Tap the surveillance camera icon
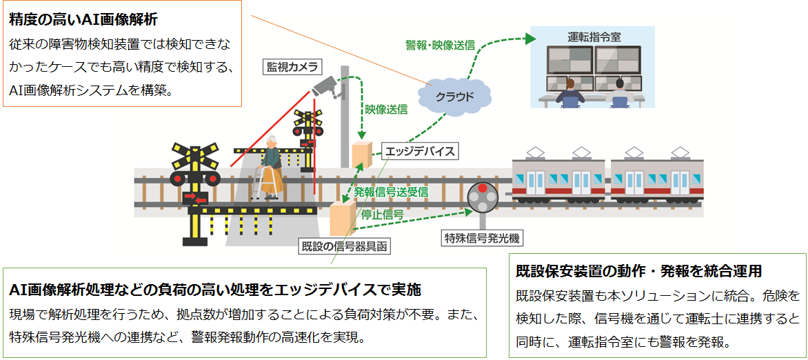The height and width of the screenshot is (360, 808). point(327,87)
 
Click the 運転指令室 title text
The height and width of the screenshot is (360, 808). point(593,37)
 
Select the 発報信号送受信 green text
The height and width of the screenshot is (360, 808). point(391,192)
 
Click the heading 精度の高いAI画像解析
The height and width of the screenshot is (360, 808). point(83,20)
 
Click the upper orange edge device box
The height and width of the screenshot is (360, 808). point(362,152)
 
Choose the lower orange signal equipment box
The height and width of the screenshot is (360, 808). point(340,219)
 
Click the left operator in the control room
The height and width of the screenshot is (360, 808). point(570,93)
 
